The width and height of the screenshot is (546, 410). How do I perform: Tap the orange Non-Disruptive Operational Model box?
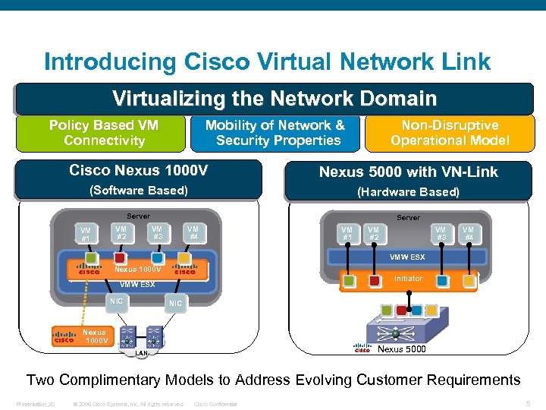(x=450, y=133)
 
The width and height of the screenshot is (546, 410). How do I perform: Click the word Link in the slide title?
(x=460, y=61)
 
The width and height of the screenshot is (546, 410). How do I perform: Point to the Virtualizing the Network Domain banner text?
(x=275, y=99)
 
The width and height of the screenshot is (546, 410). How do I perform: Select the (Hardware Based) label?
(x=408, y=192)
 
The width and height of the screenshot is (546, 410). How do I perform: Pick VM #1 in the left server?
(x=86, y=235)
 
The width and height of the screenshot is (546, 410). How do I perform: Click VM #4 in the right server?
(x=469, y=234)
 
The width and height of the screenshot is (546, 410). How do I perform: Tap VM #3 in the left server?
(x=157, y=232)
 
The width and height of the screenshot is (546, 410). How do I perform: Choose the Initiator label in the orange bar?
(x=408, y=279)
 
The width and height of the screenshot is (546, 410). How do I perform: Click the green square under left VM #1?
(x=90, y=259)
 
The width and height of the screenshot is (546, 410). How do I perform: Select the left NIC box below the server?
(x=116, y=301)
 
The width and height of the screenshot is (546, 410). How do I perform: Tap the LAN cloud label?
(x=141, y=353)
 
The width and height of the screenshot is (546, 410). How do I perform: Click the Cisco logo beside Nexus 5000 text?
(x=362, y=348)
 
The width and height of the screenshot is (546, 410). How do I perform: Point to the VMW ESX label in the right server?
(x=407, y=257)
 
